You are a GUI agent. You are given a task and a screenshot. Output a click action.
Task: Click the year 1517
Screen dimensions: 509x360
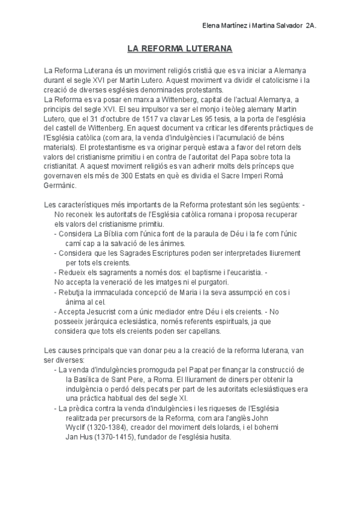point(142,119)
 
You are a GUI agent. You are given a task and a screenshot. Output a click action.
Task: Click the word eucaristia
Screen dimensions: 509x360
point(240,272)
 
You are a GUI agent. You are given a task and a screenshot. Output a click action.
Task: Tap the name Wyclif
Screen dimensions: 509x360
point(77,428)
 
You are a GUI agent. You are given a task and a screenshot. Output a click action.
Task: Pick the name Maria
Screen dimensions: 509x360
point(175,292)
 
